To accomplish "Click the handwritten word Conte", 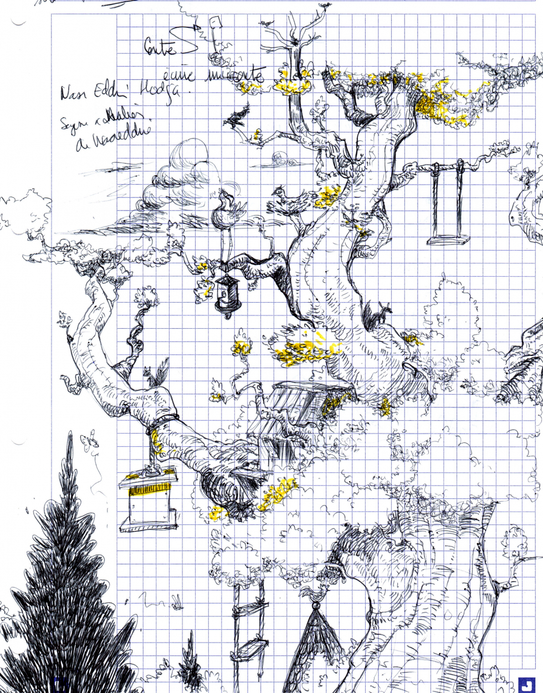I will click(x=160, y=47).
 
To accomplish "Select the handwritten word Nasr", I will click(x=71, y=93).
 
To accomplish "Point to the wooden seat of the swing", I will click(x=448, y=240).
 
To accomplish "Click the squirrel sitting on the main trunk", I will click(x=377, y=315).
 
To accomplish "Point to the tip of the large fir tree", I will click(x=70, y=438).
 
